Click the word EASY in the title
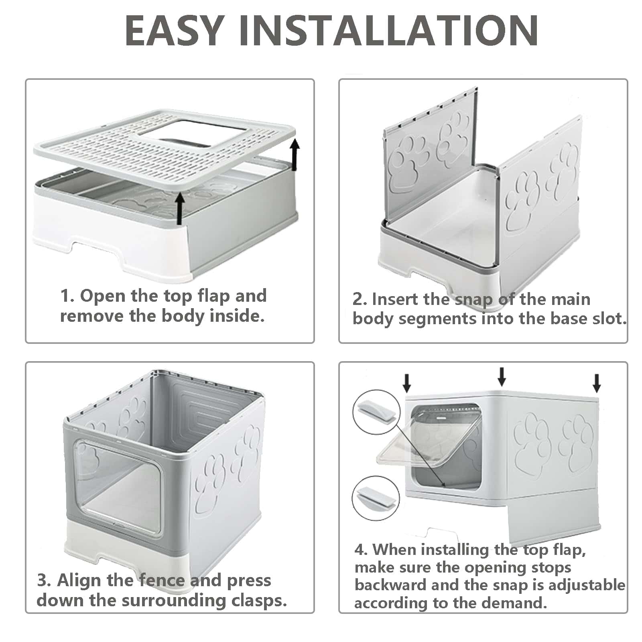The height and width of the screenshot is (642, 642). (173, 30)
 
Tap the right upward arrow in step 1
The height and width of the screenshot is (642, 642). (295, 154)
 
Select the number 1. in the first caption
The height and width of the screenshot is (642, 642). (67, 297)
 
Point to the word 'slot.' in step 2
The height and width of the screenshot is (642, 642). (608, 319)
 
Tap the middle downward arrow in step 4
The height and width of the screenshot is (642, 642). (502, 376)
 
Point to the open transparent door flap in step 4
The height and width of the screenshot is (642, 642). (413, 449)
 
